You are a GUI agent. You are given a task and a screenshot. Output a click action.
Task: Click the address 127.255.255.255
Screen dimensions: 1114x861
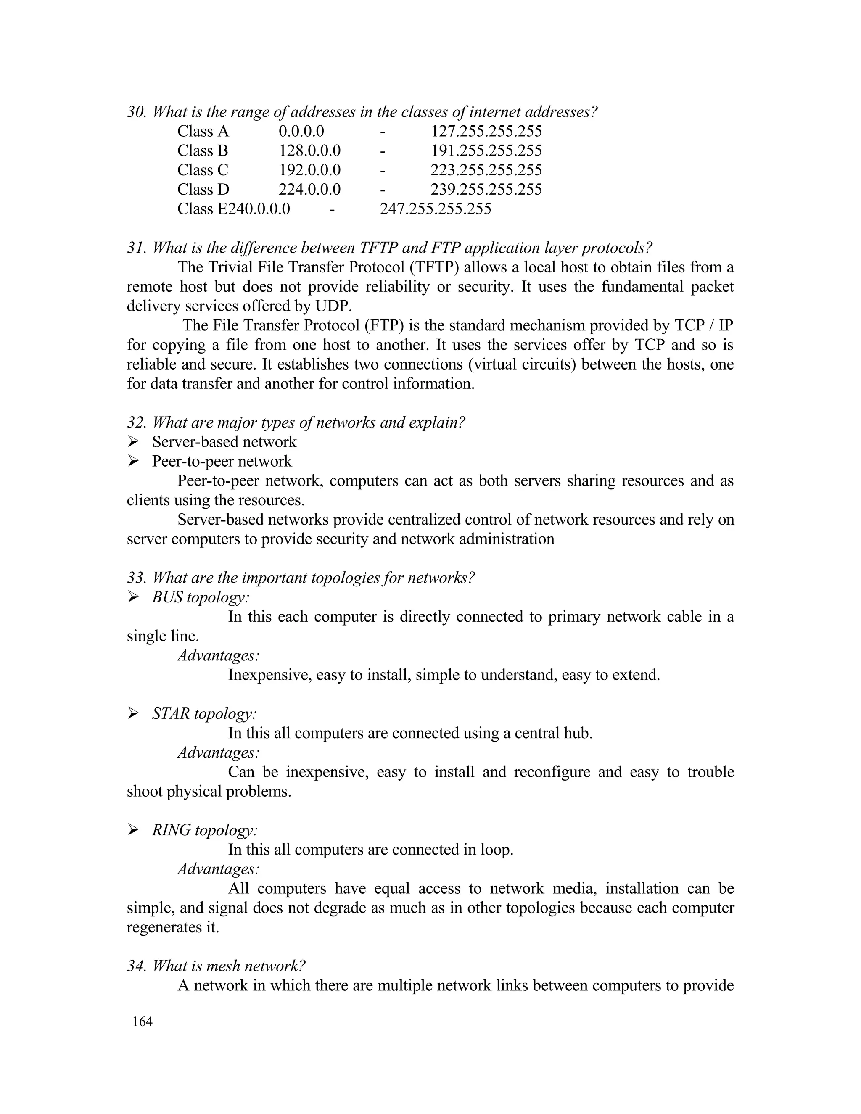point(486,131)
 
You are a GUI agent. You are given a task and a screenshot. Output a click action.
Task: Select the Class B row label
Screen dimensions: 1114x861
point(203,150)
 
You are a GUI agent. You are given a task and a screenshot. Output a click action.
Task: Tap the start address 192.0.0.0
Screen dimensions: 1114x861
point(309,170)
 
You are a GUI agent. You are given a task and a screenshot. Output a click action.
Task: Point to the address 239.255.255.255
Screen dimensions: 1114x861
point(486,189)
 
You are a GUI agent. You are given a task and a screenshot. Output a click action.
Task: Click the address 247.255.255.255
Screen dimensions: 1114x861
point(436,209)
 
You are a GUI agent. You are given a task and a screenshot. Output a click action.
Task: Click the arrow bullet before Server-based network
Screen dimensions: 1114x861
point(133,441)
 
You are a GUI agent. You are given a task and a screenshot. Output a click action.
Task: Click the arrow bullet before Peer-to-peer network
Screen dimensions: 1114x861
point(133,461)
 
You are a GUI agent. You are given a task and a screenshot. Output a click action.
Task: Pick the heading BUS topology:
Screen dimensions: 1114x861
point(201,597)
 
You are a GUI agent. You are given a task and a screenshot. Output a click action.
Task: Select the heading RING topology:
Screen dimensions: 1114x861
point(205,830)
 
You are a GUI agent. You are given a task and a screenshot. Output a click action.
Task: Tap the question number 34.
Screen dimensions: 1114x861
point(136,966)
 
